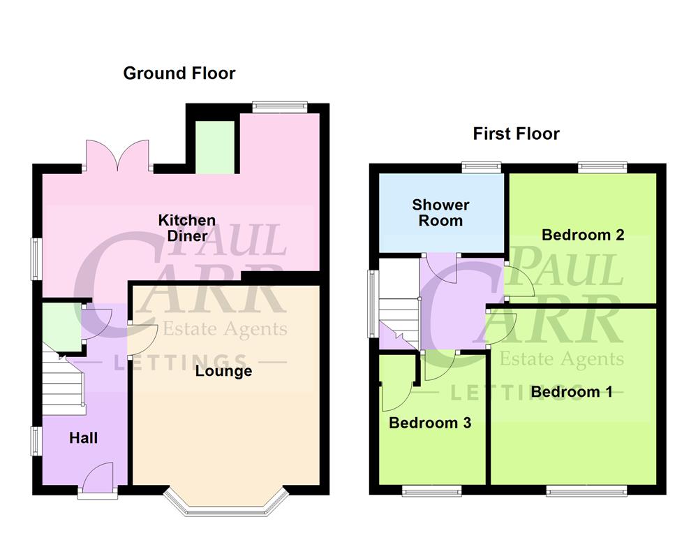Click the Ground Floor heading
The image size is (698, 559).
[179, 73]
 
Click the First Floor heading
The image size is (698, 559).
[516, 133]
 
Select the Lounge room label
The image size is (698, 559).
[223, 371]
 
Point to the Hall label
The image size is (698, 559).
[83, 438]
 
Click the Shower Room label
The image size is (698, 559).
[440, 212]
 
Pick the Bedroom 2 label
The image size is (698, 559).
[583, 235]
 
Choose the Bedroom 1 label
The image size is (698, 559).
[572, 392]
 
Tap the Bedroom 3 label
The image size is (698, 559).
[430, 423]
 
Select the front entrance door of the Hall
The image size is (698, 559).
[98, 481]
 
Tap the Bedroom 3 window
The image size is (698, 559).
[431, 491]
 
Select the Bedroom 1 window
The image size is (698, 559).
[577, 491]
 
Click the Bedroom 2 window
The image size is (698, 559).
[602, 167]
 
